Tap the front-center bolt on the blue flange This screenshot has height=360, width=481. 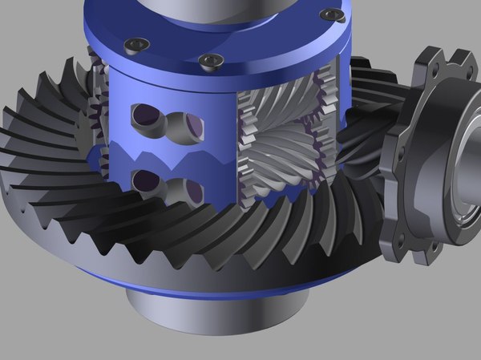211,60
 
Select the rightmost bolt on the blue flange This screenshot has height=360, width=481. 331,14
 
